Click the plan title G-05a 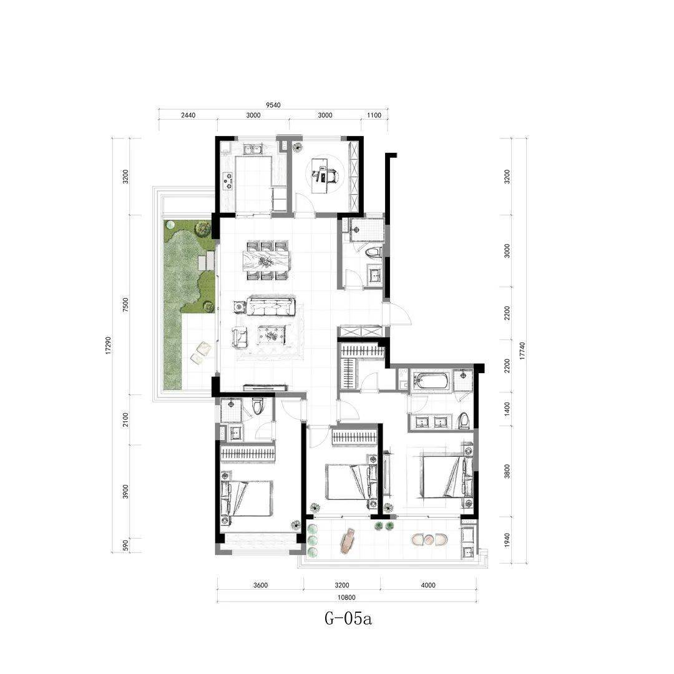[x=348, y=619]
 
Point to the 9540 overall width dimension [x=273, y=105]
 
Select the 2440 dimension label [x=188, y=115]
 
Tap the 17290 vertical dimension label [x=109, y=344]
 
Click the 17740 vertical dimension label [x=522, y=350]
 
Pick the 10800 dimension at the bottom [x=346, y=597]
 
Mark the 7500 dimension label [x=125, y=305]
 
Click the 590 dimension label [x=125, y=545]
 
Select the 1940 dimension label [x=507, y=540]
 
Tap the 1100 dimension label [x=374, y=115]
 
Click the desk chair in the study [x=333, y=175]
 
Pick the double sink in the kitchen [x=253, y=149]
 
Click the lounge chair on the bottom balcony [x=348, y=540]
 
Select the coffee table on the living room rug [x=271, y=335]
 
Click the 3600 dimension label [x=260, y=585]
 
